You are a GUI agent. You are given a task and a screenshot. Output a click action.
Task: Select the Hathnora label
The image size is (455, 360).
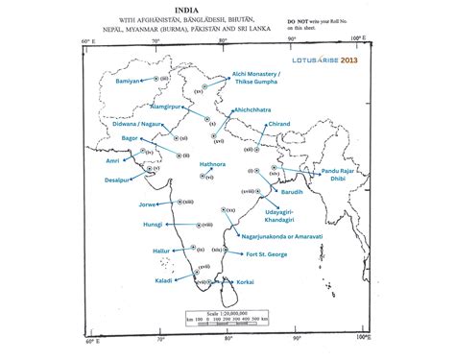point(212,164)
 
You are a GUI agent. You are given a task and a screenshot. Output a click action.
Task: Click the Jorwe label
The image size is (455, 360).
point(147,204)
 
